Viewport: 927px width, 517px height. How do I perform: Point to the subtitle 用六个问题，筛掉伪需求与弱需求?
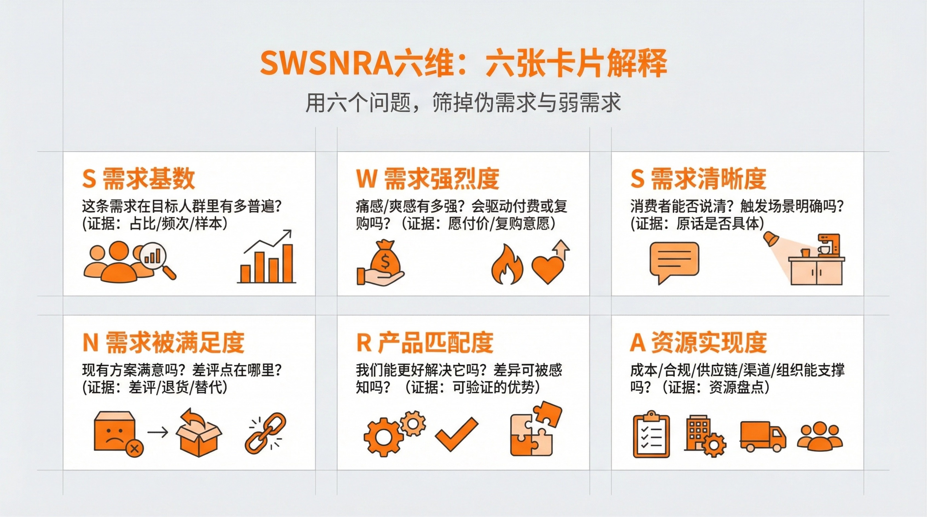tap(463, 103)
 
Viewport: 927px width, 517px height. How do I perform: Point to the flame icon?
tap(507, 264)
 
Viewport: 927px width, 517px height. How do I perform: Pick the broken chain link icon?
tap(266, 434)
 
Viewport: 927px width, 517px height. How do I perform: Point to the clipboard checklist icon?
tap(651, 434)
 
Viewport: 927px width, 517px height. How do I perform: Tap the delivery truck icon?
tap(763, 436)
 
